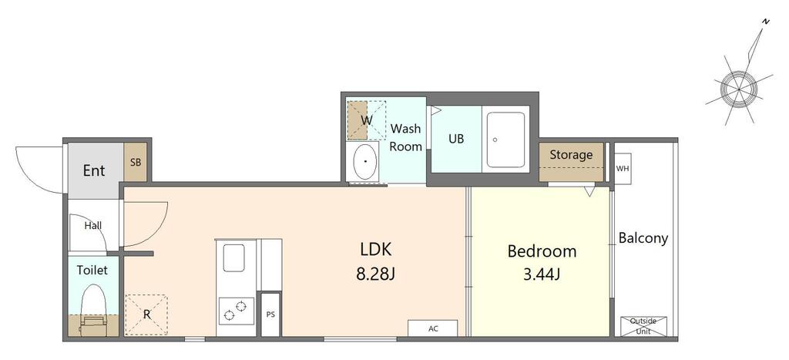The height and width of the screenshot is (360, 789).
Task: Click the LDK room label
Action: (x=376, y=249)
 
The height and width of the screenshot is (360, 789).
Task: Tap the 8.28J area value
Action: (x=376, y=274)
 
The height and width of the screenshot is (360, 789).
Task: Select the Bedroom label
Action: (x=542, y=251)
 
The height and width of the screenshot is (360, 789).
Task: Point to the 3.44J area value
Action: (x=542, y=274)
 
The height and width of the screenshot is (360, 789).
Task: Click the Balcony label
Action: (x=643, y=238)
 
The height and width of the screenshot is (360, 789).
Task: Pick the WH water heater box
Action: (x=623, y=168)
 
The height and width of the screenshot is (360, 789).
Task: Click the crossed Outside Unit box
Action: (x=643, y=326)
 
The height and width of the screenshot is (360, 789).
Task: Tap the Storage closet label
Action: (x=571, y=155)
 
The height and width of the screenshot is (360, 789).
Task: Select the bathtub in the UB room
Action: (x=505, y=139)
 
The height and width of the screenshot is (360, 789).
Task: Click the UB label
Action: (x=456, y=139)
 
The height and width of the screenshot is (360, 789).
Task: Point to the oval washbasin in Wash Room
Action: (x=365, y=160)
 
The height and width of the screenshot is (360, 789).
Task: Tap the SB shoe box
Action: (x=136, y=162)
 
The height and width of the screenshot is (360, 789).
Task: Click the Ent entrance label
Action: (x=94, y=170)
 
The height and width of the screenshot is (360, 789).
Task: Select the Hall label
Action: (x=93, y=226)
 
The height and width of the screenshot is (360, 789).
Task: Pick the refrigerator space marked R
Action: (x=146, y=315)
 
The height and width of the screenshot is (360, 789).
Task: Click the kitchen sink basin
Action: (x=233, y=257)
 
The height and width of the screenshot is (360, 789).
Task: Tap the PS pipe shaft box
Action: (x=270, y=315)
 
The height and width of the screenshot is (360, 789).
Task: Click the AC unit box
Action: (x=433, y=328)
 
